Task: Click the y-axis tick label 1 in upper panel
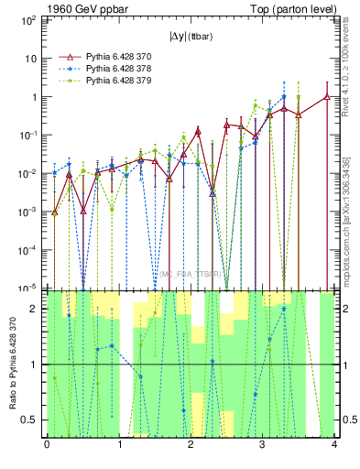click(36, 97)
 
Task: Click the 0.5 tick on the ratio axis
click(32, 420)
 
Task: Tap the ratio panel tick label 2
click(36, 309)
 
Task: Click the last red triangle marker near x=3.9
click(327, 96)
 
